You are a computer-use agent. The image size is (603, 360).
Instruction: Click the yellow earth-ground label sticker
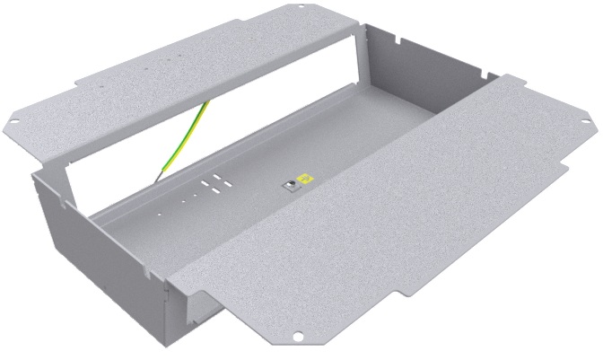[305, 179]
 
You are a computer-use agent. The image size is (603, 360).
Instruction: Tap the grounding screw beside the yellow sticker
[291, 185]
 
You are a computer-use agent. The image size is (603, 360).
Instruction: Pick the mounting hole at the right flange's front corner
[298, 338]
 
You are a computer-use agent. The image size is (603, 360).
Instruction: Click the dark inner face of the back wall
[422, 81]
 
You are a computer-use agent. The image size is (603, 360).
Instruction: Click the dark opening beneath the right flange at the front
[206, 310]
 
